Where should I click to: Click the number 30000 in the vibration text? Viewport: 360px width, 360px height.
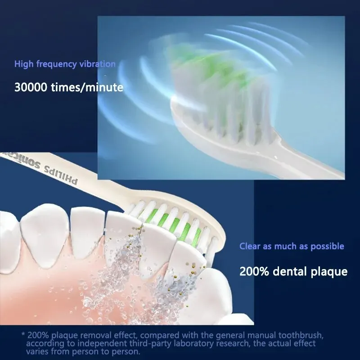pos(30,87)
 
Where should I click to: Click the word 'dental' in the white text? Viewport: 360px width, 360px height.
pos(290,271)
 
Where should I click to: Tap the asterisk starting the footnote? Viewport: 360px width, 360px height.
pos(23,335)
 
